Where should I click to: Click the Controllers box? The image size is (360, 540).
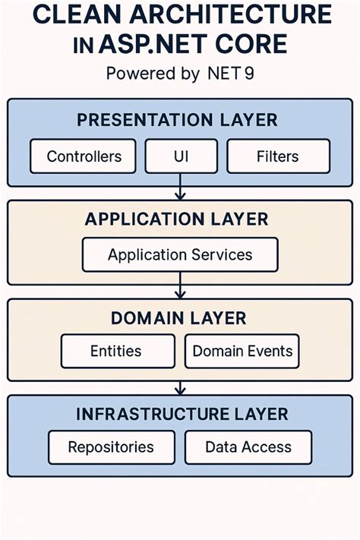(x=84, y=156)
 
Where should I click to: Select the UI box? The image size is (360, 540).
(x=180, y=156)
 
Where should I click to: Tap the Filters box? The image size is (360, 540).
(x=278, y=156)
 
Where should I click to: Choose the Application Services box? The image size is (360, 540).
(x=180, y=255)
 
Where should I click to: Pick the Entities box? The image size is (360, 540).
(x=116, y=352)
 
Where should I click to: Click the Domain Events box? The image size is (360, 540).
(x=242, y=352)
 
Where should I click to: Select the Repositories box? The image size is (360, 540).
(x=111, y=447)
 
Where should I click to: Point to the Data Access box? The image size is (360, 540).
(x=248, y=447)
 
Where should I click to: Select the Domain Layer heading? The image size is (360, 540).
(x=180, y=317)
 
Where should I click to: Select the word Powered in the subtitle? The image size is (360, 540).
(x=133, y=74)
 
